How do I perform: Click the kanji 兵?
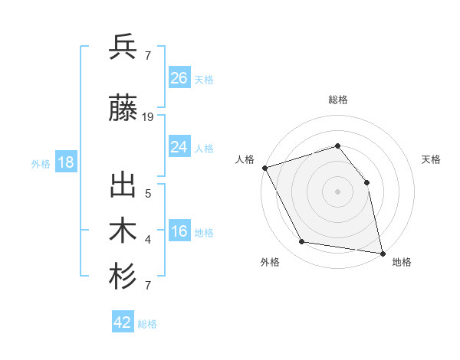click(x=123, y=47)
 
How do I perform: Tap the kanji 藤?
click(x=123, y=110)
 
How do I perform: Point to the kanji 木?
click(x=123, y=231)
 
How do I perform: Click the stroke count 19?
click(x=148, y=117)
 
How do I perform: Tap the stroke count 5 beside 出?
click(x=148, y=193)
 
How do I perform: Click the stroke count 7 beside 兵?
click(x=148, y=54)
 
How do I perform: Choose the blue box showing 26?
click(x=179, y=77)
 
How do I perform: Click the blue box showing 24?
click(x=179, y=147)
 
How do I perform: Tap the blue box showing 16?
click(x=179, y=232)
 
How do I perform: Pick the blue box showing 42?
click(x=123, y=322)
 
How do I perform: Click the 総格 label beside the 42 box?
click(x=147, y=324)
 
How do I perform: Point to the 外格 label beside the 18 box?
click(x=41, y=163)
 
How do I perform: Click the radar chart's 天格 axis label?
click(x=432, y=159)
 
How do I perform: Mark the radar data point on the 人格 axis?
click(x=264, y=168)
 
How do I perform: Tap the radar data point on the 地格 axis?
click(x=383, y=253)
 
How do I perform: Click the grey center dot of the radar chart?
click(x=337, y=191)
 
